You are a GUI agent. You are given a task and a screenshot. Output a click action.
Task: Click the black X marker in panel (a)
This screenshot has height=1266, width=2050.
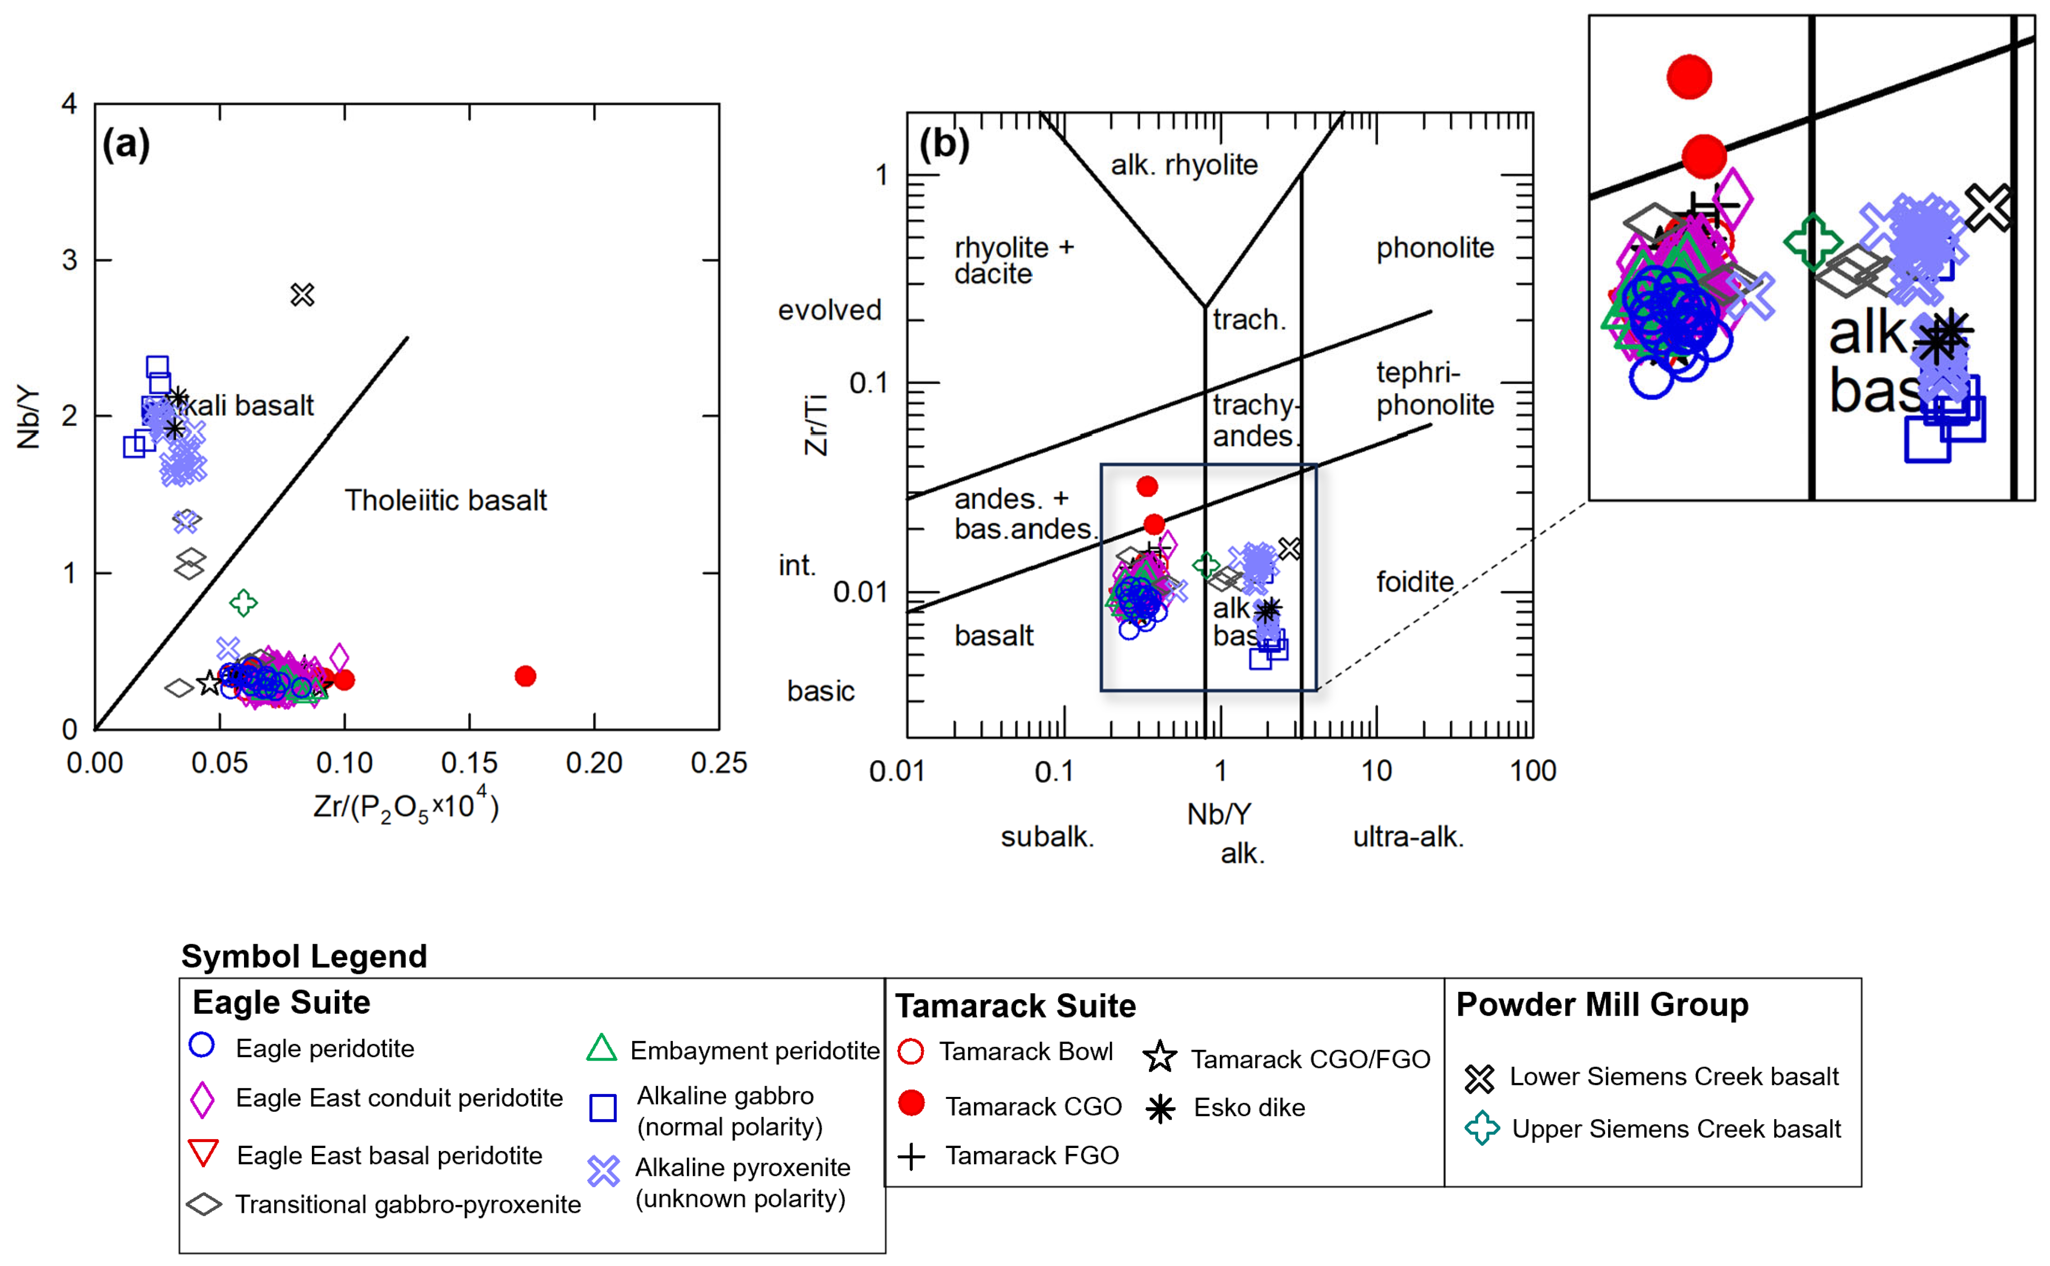(302, 295)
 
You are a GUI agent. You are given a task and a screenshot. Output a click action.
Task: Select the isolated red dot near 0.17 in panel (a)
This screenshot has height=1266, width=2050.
(525, 676)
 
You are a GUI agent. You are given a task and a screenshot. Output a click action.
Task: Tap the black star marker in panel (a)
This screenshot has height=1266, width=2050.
(209, 683)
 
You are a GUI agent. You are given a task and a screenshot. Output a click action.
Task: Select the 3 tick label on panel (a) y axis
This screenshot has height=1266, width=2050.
(69, 260)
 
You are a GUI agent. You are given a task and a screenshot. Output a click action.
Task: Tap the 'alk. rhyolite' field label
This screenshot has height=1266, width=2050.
(1184, 165)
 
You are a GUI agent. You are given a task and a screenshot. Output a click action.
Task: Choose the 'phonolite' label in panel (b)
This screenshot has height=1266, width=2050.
(1435, 248)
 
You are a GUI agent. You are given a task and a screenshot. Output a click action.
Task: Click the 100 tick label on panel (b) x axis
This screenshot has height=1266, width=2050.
(1532, 770)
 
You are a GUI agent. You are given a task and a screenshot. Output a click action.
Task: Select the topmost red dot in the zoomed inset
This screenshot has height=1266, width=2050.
(1688, 77)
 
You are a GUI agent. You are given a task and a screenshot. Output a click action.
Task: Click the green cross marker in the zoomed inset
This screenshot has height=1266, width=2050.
(1812, 242)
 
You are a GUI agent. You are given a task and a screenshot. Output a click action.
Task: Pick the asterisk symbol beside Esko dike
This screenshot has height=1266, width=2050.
(1160, 1109)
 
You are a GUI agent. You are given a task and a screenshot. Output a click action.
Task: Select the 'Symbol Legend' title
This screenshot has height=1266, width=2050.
(304, 956)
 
